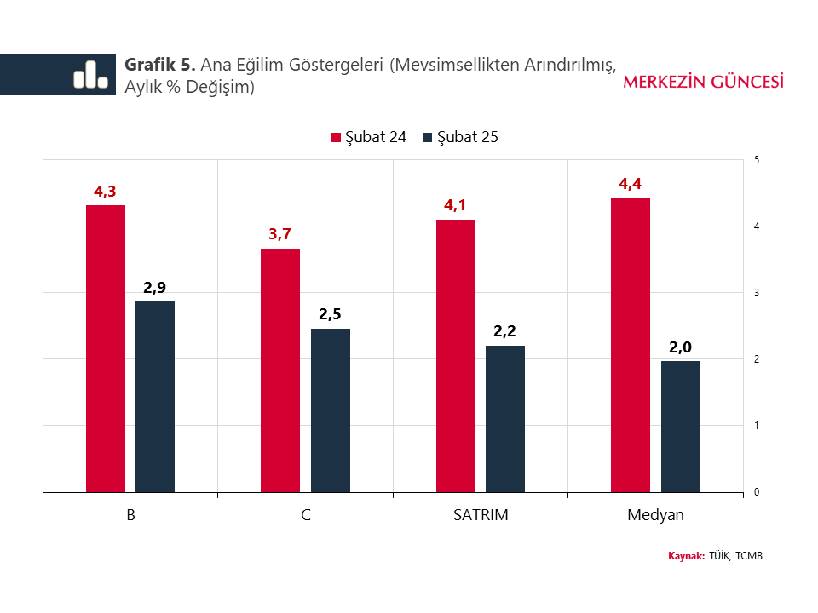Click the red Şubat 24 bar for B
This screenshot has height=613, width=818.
[106, 348]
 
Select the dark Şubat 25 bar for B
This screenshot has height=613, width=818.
[155, 397]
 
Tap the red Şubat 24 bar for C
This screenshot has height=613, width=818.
[280, 370]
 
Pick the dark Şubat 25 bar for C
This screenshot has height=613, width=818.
[331, 410]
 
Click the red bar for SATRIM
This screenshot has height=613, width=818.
[456, 356]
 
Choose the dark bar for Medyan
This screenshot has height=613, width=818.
[681, 427]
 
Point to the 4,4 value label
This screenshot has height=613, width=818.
[631, 184]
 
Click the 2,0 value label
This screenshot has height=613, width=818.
[680, 347]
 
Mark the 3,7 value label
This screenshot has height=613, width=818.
[280, 234]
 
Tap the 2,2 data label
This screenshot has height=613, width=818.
[505, 331]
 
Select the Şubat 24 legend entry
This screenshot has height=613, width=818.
[368, 137]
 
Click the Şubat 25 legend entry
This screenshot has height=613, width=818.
[460, 137]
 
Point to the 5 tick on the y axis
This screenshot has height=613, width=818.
[758, 160]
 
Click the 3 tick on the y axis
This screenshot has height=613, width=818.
[758, 293]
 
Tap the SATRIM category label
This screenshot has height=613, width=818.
[481, 515]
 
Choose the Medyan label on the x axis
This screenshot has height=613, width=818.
[655, 515]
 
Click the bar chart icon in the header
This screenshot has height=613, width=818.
[90, 75]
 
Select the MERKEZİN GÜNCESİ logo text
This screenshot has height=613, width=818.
[704, 82]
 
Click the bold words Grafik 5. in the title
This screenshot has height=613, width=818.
[161, 65]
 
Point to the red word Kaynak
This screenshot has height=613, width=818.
[686, 556]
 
